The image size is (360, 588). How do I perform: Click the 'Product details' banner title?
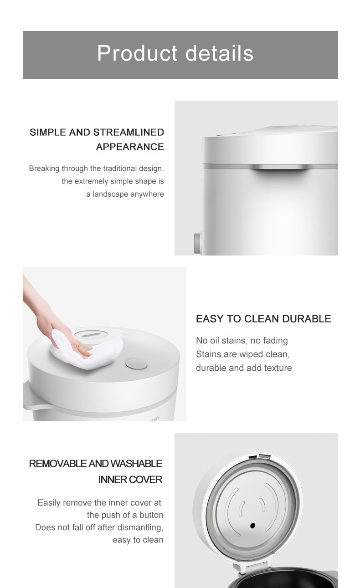coord(175,53)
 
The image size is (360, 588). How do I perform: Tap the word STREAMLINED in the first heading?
coord(129,132)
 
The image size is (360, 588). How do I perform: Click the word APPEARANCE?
coord(130,147)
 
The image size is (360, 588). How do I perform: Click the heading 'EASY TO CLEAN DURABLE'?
coord(263,319)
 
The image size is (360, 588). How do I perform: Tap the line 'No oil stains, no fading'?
coord(242,341)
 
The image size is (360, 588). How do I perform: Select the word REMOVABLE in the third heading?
coord(58,464)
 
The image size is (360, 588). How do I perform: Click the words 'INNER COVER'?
coord(130,480)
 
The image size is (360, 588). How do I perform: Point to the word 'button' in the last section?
coord(151,515)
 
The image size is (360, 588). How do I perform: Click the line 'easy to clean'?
coord(138,540)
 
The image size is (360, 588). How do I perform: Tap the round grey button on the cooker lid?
coord(136,364)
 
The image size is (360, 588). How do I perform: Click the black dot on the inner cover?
coord(252,526)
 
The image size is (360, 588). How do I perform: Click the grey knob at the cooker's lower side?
coord(197,243)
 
